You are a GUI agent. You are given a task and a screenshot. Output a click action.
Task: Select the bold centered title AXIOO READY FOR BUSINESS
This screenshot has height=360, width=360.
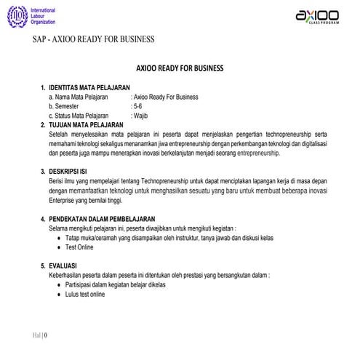coord(180,68)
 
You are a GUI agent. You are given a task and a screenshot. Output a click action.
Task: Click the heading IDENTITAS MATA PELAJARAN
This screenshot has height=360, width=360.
coord(89,87)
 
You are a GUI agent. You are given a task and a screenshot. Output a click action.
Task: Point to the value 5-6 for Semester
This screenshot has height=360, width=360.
coord(136,105)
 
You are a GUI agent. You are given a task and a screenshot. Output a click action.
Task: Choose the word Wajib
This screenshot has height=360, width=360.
coord(140,115)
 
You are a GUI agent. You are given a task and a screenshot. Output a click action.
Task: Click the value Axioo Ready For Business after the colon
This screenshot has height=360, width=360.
coord(166,96)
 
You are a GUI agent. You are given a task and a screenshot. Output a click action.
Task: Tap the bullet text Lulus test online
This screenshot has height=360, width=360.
coord(86,295)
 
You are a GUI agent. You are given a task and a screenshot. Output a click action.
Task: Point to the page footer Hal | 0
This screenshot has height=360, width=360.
coord(41,335)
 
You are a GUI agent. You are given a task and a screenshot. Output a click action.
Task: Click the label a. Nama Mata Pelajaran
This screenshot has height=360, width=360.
coord(78,96)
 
